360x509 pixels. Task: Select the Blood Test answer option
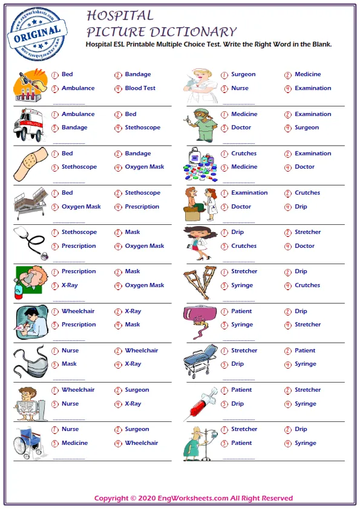click(140, 88)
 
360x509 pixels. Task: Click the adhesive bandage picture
click(28, 163)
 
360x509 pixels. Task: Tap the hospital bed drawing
click(30, 203)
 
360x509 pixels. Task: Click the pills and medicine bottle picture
click(199, 164)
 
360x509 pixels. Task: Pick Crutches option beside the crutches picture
click(307, 285)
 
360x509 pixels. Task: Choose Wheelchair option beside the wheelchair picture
click(141, 443)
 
